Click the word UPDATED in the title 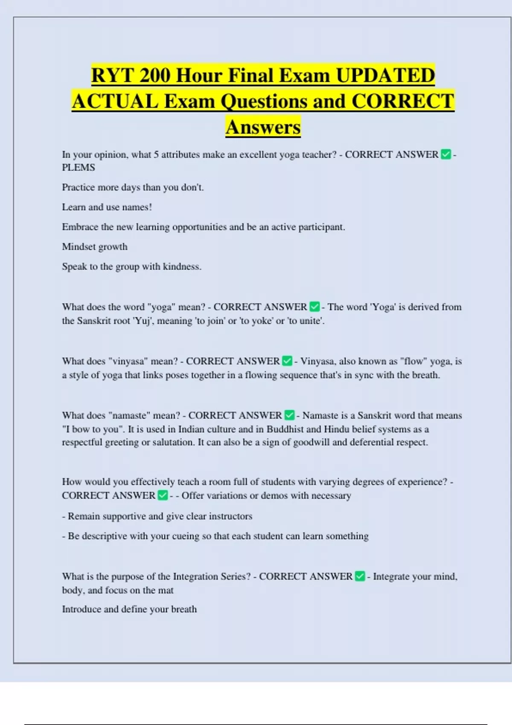point(385,76)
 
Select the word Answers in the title point(263,127)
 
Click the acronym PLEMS point(79,168)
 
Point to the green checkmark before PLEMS point(446,154)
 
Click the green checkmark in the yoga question point(314,307)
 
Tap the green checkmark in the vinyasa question point(287,361)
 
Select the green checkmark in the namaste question point(289,415)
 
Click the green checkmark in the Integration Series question point(360,577)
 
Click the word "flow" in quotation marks point(413,361)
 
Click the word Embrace point(80,227)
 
